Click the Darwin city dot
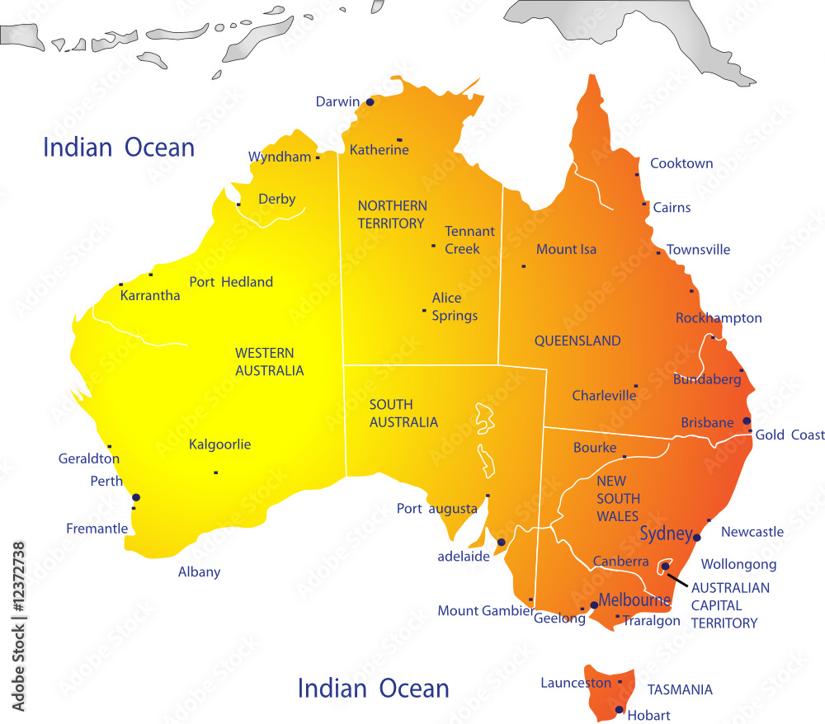[x=370, y=102]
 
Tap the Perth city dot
[x=136, y=497]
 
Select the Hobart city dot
[x=619, y=709]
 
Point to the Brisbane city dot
[x=747, y=421]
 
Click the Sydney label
[x=666, y=534]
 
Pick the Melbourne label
[x=634, y=599]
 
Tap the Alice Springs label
[x=455, y=307]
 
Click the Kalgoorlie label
[x=219, y=444]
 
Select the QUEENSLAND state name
[x=577, y=341]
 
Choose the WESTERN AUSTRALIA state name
[x=270, y=361]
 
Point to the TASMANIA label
[x=680, y=689]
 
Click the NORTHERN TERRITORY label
[x=392, y=214]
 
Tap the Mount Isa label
[x=566, y=249]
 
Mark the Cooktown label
[x=681, y=163]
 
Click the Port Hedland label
[x=231, y=282]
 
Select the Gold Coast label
[x=790, y=435]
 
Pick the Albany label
[x=199, y=571]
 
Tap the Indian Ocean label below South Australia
[x=373, y=688]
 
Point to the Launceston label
[x=576, y=683]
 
